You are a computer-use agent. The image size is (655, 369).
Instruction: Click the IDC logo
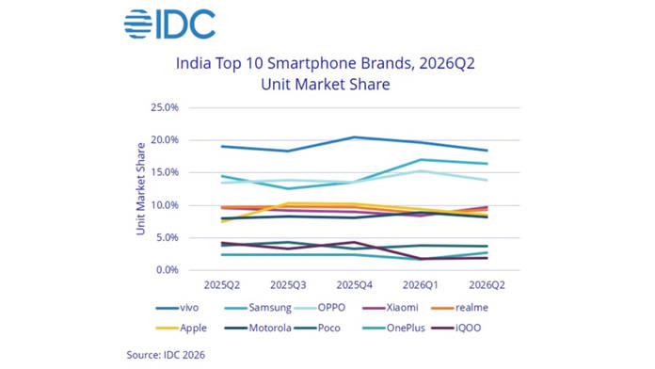pyautogui.click(x=169, y=24)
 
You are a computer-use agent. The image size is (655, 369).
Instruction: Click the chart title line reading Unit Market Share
pyautogui.click(x=326, y=85)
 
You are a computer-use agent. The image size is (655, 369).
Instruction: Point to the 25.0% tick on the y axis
pyautogui.click(x=165, y=107)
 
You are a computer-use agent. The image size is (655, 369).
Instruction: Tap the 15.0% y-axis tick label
pyautogui.click(x=165, y=172)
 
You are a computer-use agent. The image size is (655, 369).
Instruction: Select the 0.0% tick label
pyautogui.click(x=168, y=270)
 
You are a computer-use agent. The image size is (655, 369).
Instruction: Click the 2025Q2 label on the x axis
pyautogui.click(x=222, y=285)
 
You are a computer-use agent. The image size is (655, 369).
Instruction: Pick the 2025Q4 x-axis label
pyautogui.click(x=354, y=285)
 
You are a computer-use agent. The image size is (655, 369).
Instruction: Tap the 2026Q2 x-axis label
pyautogui.click(x=487, y=285)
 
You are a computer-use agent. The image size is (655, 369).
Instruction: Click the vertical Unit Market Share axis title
pyautogui.click(x=141, y=189)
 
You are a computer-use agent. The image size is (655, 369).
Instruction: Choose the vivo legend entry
pyautogui.click(x=177, y=308)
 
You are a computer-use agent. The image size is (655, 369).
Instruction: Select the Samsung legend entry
pyautogui.click(x=258, y=308)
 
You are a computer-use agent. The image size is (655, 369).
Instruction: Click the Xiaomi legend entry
pyautogui.click(x=391, y=308)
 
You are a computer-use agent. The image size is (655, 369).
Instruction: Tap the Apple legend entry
pyautogui.click(x=182, y=328)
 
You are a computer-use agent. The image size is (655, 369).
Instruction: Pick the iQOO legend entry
pyautogui.click(x=456, y=328)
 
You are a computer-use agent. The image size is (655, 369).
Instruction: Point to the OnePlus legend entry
pyautogui.click(x=394, y=328)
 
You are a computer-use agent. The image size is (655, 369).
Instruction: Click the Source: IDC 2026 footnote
pyautogui.click(x=166, y=355)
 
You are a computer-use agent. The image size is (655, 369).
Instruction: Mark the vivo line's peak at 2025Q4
pyautogui.click(x=354, y=137)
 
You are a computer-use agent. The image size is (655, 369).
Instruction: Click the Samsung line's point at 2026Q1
pyautogui.click(x=421, y=160)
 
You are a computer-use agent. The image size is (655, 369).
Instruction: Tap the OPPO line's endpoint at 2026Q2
pyautogui.click(x=487, y=180)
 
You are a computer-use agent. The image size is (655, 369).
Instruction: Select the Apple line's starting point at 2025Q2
pyautogui.click(x=222, y=221)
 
